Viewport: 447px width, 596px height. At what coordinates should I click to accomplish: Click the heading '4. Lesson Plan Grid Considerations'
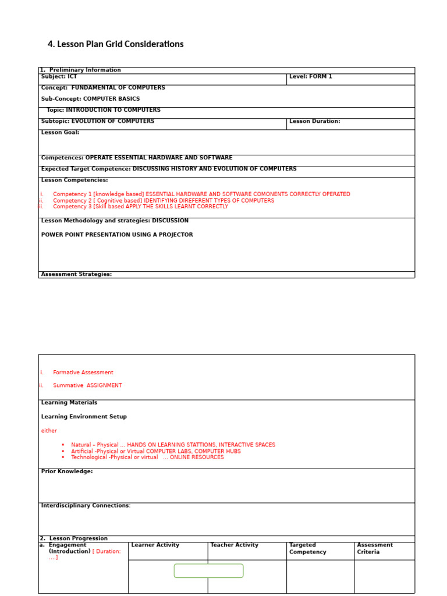[115, 44]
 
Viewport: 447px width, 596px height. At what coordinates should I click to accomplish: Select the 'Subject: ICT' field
[59, 77]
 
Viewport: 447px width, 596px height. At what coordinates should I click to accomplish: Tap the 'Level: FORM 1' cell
[310, 77]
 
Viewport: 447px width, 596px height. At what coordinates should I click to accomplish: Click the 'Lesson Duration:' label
[314, 122]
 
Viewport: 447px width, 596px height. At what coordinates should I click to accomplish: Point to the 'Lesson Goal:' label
[60, 133]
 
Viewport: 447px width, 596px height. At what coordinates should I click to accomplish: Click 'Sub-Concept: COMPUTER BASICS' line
[90, 99]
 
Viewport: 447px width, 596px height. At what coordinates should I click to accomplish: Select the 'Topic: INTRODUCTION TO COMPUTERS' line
[104, 110]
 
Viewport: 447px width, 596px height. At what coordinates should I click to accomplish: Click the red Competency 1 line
[201, 194]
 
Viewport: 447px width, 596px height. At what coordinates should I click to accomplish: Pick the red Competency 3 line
[140, 207]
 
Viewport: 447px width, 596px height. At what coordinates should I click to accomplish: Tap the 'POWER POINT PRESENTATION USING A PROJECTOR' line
[117, 235]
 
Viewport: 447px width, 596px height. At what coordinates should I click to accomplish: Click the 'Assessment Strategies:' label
[76, 274]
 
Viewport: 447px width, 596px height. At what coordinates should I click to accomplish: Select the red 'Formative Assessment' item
[83, 372]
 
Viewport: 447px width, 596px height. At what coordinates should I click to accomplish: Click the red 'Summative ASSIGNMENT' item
[87, 385]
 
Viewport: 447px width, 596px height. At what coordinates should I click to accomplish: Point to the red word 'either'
[49, 431]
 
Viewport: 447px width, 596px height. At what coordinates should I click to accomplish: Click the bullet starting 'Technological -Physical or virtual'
[147, 457]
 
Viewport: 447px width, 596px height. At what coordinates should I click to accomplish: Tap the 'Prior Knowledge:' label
[67, 471]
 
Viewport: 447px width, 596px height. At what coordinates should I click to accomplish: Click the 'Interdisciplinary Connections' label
[85, 506]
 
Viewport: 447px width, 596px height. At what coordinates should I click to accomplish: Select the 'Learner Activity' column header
[155, 545]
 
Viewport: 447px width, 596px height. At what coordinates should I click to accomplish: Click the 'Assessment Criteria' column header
[374, 548]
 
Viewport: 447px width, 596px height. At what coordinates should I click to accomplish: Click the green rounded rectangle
[208, 571]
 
